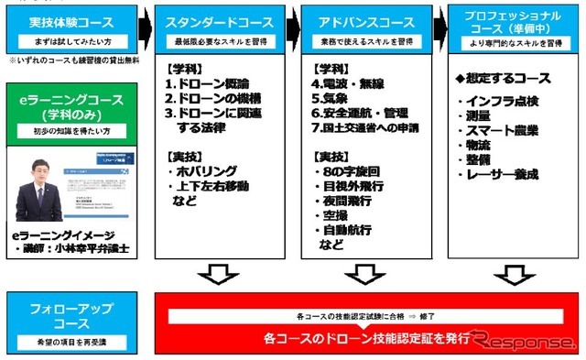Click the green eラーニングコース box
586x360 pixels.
[70, 108]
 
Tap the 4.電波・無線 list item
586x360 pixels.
[353, 84]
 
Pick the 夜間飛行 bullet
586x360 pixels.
[349, 201]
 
